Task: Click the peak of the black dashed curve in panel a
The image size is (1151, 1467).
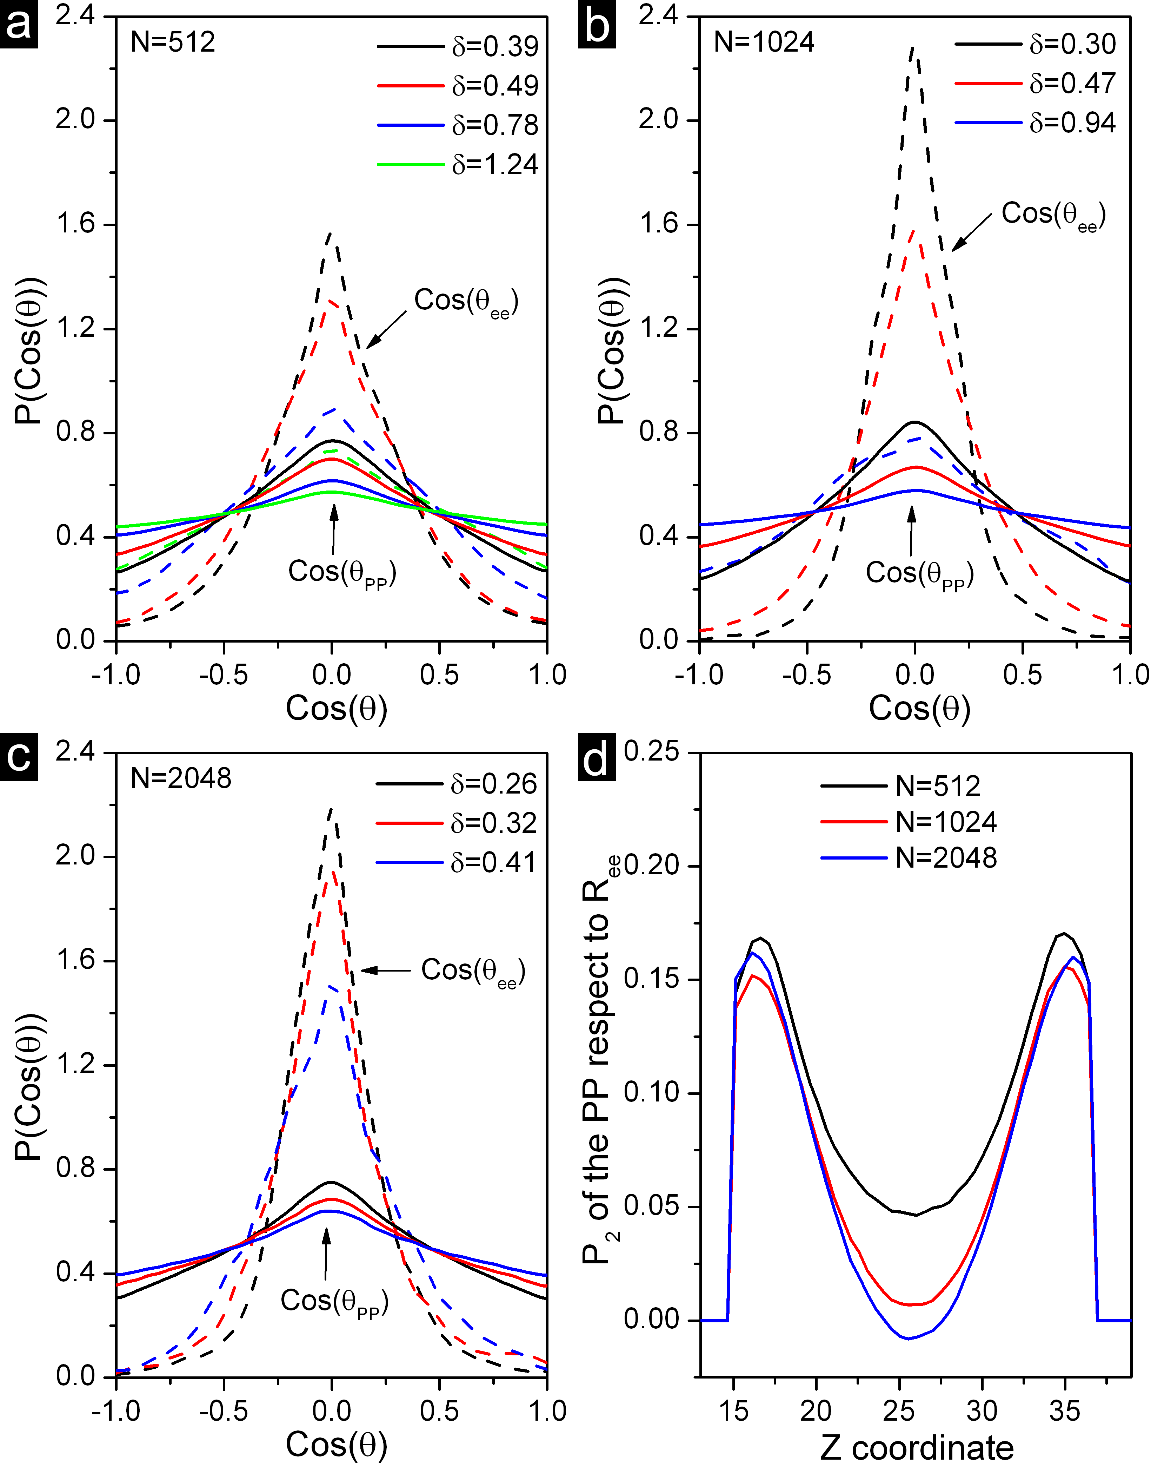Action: click(x=330, y=233)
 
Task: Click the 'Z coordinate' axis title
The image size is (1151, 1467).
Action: click(x=917, y=1447)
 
